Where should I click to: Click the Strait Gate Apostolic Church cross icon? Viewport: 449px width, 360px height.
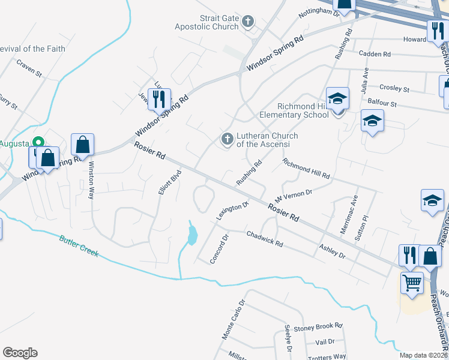tap(247, 23)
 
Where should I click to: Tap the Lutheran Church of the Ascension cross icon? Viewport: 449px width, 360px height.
tap(227, 139)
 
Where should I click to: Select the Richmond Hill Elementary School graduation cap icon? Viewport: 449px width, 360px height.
tap(337, 98)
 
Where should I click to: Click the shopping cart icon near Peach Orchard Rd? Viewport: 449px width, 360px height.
tap(412, 282)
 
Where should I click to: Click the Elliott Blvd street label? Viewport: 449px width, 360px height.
tap(169, 184)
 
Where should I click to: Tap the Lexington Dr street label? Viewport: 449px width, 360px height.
tap(233, 212)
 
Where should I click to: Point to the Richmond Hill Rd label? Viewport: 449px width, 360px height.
tap(306, 169)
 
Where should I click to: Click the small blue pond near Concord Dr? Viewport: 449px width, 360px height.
tap(191, 235)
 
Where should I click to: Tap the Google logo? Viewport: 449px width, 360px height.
tap(20, 353)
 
